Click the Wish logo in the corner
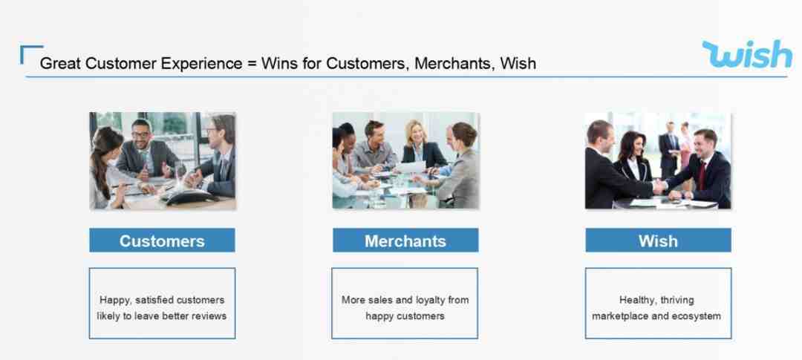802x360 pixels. [747, 54]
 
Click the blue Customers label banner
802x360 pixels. [162, 240]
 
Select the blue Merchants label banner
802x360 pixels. [405, 240]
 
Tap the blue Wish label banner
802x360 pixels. [658, 240]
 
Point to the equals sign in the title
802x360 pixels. [251, 64]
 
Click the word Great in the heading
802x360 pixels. [60, 63]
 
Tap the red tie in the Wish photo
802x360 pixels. [702, 174]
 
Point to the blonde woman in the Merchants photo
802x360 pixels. [417, 144]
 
